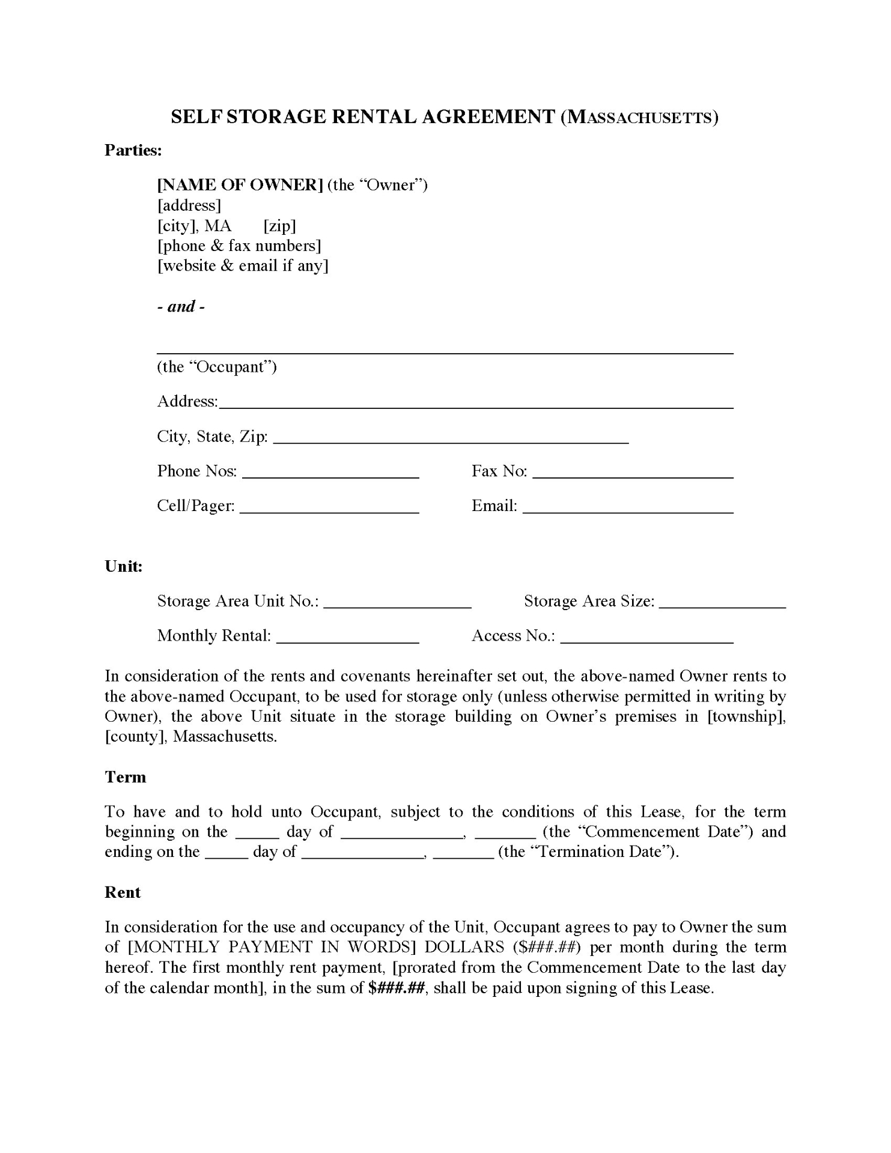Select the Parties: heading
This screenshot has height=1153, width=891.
[x=133, y=150]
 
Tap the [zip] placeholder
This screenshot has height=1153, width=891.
[x=279, y=226]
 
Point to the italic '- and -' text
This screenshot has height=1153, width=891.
[x=181, y=307]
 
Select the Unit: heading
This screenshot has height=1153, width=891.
[x=124, y=566]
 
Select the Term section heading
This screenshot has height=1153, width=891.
[x=126, y=777]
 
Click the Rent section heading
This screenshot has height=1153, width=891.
[x=123, y=892]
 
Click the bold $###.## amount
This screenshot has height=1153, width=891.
[x=397, y=988]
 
